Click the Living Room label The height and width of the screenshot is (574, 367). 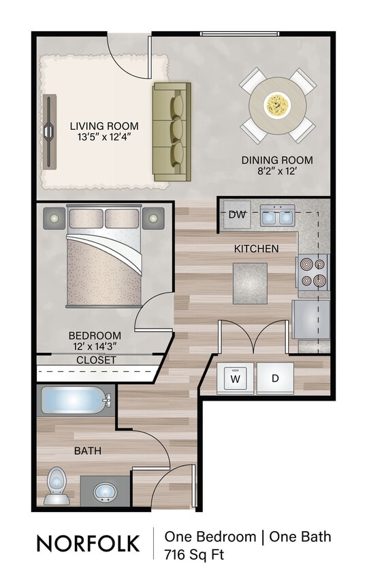(x=104, y=126)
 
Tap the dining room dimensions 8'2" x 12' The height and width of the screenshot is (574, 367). (x=277, y=172)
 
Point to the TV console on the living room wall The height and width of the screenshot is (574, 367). (x=50, y=131)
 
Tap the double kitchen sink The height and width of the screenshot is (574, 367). (x=277, y=216)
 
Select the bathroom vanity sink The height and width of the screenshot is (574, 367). (x=104, y=490)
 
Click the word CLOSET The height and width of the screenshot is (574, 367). (x=95, y=360)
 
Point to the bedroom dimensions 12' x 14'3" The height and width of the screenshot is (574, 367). (x=95, y=346)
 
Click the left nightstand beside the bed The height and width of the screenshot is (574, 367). (x=54, y=218)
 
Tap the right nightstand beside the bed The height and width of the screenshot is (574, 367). (x=153, y=218)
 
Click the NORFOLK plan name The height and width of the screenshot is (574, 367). (x=88, y=543)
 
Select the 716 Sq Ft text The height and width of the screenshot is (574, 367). (x=194, y=554)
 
